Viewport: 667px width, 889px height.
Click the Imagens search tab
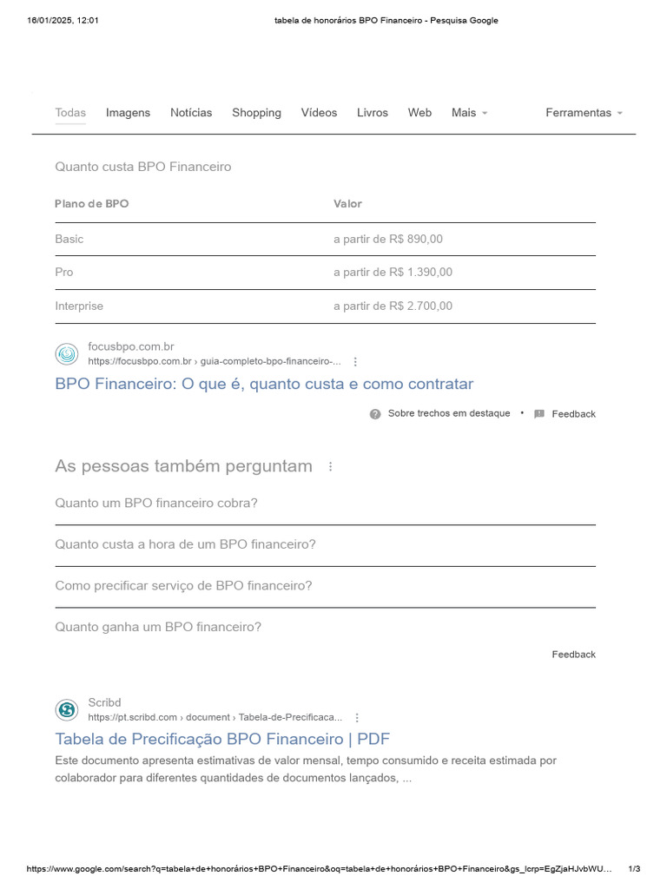[x=128, y=113]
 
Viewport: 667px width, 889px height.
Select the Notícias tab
[x=191, y=113]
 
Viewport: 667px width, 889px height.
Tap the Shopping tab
[x=256, y=113]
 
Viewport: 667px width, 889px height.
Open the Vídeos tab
[x=319, y=113]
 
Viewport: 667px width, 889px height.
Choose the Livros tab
[x=373, y=113]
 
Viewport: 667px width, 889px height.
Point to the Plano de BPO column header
[x=91, y=204]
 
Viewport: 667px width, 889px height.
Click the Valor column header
[x=347, y=204]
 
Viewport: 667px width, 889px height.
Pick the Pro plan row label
[x=64, y=273]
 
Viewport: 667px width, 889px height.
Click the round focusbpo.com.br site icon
[x=67, y=354]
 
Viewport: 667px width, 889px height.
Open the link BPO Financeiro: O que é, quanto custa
[x=264, y=384]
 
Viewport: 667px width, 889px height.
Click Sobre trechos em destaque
[x=448, y=414]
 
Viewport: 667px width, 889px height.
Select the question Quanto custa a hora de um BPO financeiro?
[x=185, y=544]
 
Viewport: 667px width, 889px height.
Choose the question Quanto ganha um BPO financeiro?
[x=158, y=627]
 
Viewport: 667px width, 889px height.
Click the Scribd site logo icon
[x=67, y=710]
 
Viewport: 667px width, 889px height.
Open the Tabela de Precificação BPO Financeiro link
[x=222, y=740]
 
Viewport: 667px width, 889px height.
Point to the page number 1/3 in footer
[x=634, y=869]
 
